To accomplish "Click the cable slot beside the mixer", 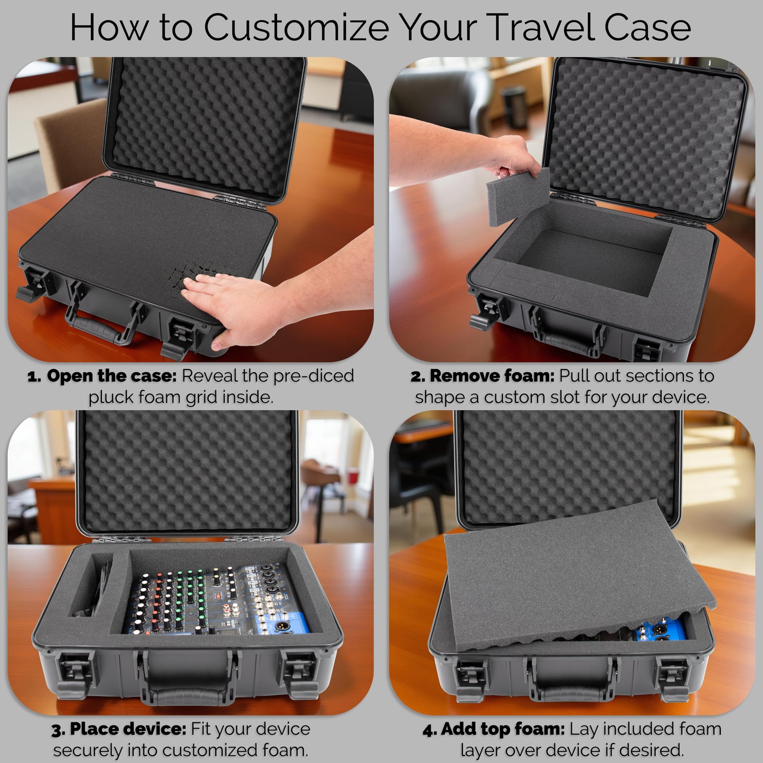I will coord(95,586).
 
